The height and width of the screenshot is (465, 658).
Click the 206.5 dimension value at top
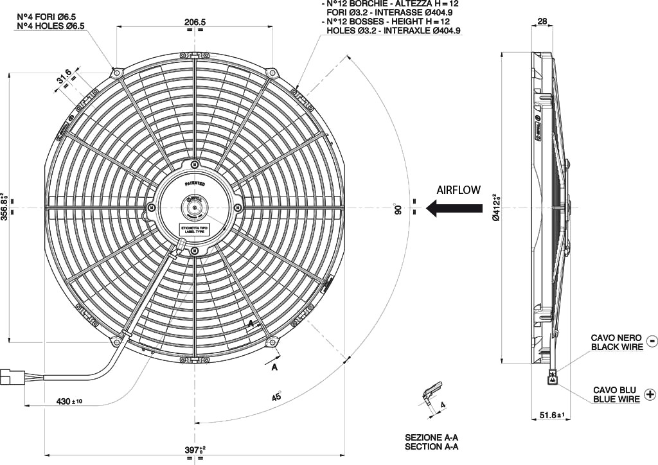coord(195,22)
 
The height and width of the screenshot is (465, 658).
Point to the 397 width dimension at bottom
coord(194,449)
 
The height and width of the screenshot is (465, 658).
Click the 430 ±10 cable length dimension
coord(69,401)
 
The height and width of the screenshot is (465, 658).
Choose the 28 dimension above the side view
coord(542,21)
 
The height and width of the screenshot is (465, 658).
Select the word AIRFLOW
coord(458,190)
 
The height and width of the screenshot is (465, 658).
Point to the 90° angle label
coord(398,209)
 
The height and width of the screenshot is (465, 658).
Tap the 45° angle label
coord(276,396)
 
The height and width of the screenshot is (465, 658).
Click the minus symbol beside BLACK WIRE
coord(651,342)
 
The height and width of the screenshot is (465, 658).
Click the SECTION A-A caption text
coord(431,446)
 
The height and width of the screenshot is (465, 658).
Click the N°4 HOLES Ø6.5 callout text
coord(50,26)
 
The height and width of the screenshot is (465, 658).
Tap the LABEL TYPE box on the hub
coord(195,229)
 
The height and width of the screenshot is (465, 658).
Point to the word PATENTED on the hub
coord(195,183)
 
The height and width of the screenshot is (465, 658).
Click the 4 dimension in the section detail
coord(444,405)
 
